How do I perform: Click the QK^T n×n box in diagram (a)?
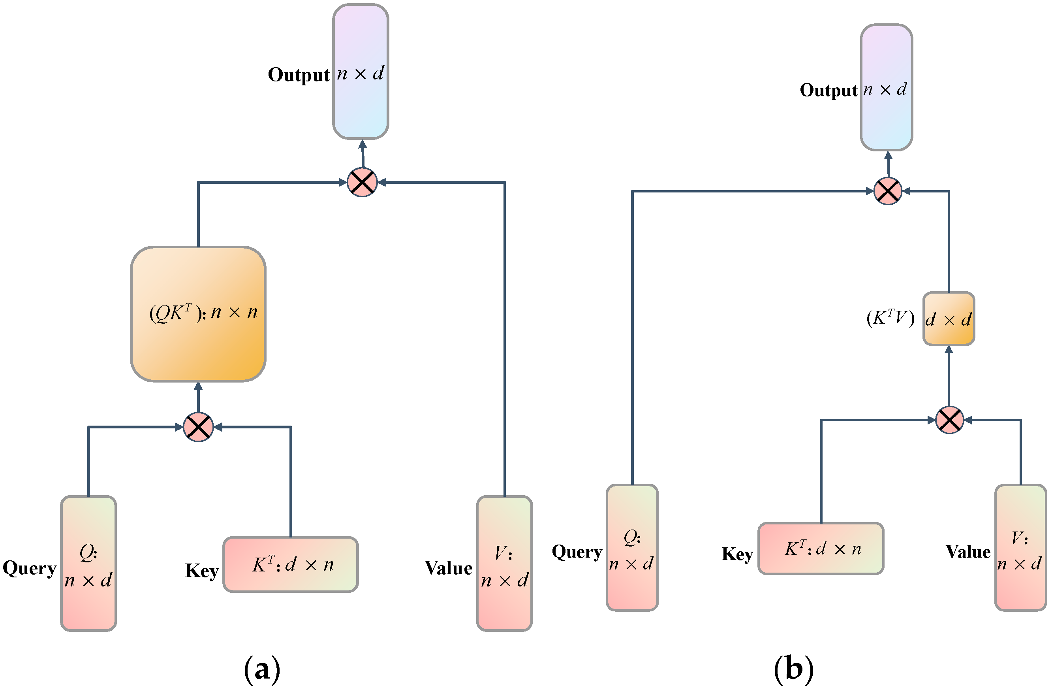[x=198, y=314]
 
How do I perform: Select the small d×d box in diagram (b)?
[x=949, y=319]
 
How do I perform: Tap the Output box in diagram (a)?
[x=361, y=72]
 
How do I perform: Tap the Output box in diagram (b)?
[x=886, y=88]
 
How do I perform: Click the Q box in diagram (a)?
[x=88, y=563]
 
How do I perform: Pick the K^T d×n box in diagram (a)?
[x=290, y=564]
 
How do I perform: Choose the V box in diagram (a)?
[x=504, y=563]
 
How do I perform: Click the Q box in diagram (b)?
[x=632, y=548]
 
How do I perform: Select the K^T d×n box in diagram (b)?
[x=821, y=549]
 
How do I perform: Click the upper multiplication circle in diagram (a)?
[x=362, y=182]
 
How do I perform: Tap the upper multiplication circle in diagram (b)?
[x=888, y=191]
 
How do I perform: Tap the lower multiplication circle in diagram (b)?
[x=949, y=420]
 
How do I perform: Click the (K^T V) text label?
[x=890, y=318]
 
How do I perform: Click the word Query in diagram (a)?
[x=30, y=568]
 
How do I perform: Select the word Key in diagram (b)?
[x=737, y=554]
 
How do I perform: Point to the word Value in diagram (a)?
[x=449, y=568]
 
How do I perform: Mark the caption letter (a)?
[x=262, y=669]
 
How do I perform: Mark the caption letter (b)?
[x=794, y=669]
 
